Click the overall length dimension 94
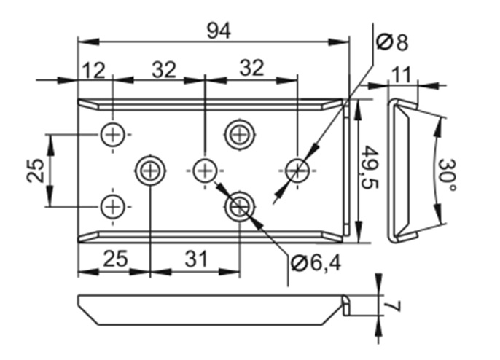click(x=219, y=31)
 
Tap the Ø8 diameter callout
click(x=392, y=42)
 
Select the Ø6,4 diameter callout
click(x=316, y=263)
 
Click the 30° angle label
click(x=447, y=175)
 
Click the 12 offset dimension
click(x=94, y=70)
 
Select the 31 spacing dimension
click(x=197, y=259)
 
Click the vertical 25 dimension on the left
click(x=35, y=171)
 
